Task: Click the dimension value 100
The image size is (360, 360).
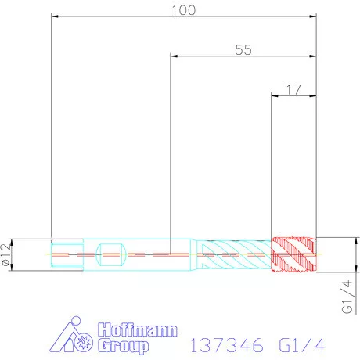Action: click(x=183, y=9)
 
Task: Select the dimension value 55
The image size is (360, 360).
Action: click(x=243, y=49)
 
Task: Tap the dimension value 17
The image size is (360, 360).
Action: click(x=293, y=89)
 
